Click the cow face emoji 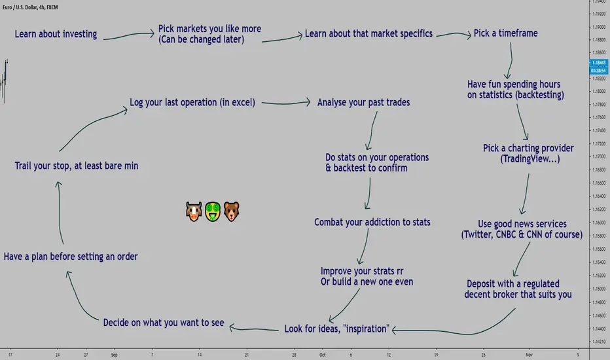point(194,211)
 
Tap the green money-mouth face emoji point(213,211)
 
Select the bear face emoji point(232,211)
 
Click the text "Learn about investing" point(56,34)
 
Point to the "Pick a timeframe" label point(505,33)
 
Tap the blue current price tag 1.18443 point(598,63)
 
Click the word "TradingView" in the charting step point(525,159)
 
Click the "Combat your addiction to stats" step point(372,223)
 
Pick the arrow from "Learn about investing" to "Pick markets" point(129,35)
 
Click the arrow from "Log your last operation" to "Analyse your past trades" point(286,103)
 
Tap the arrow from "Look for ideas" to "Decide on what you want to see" point(254,329)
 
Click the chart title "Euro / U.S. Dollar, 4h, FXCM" point(30,7)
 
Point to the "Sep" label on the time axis point(114,355)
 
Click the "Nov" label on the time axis point(529,355)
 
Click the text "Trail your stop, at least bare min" point(76,166)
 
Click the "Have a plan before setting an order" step point(71,257)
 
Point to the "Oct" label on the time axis point(323,355)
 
